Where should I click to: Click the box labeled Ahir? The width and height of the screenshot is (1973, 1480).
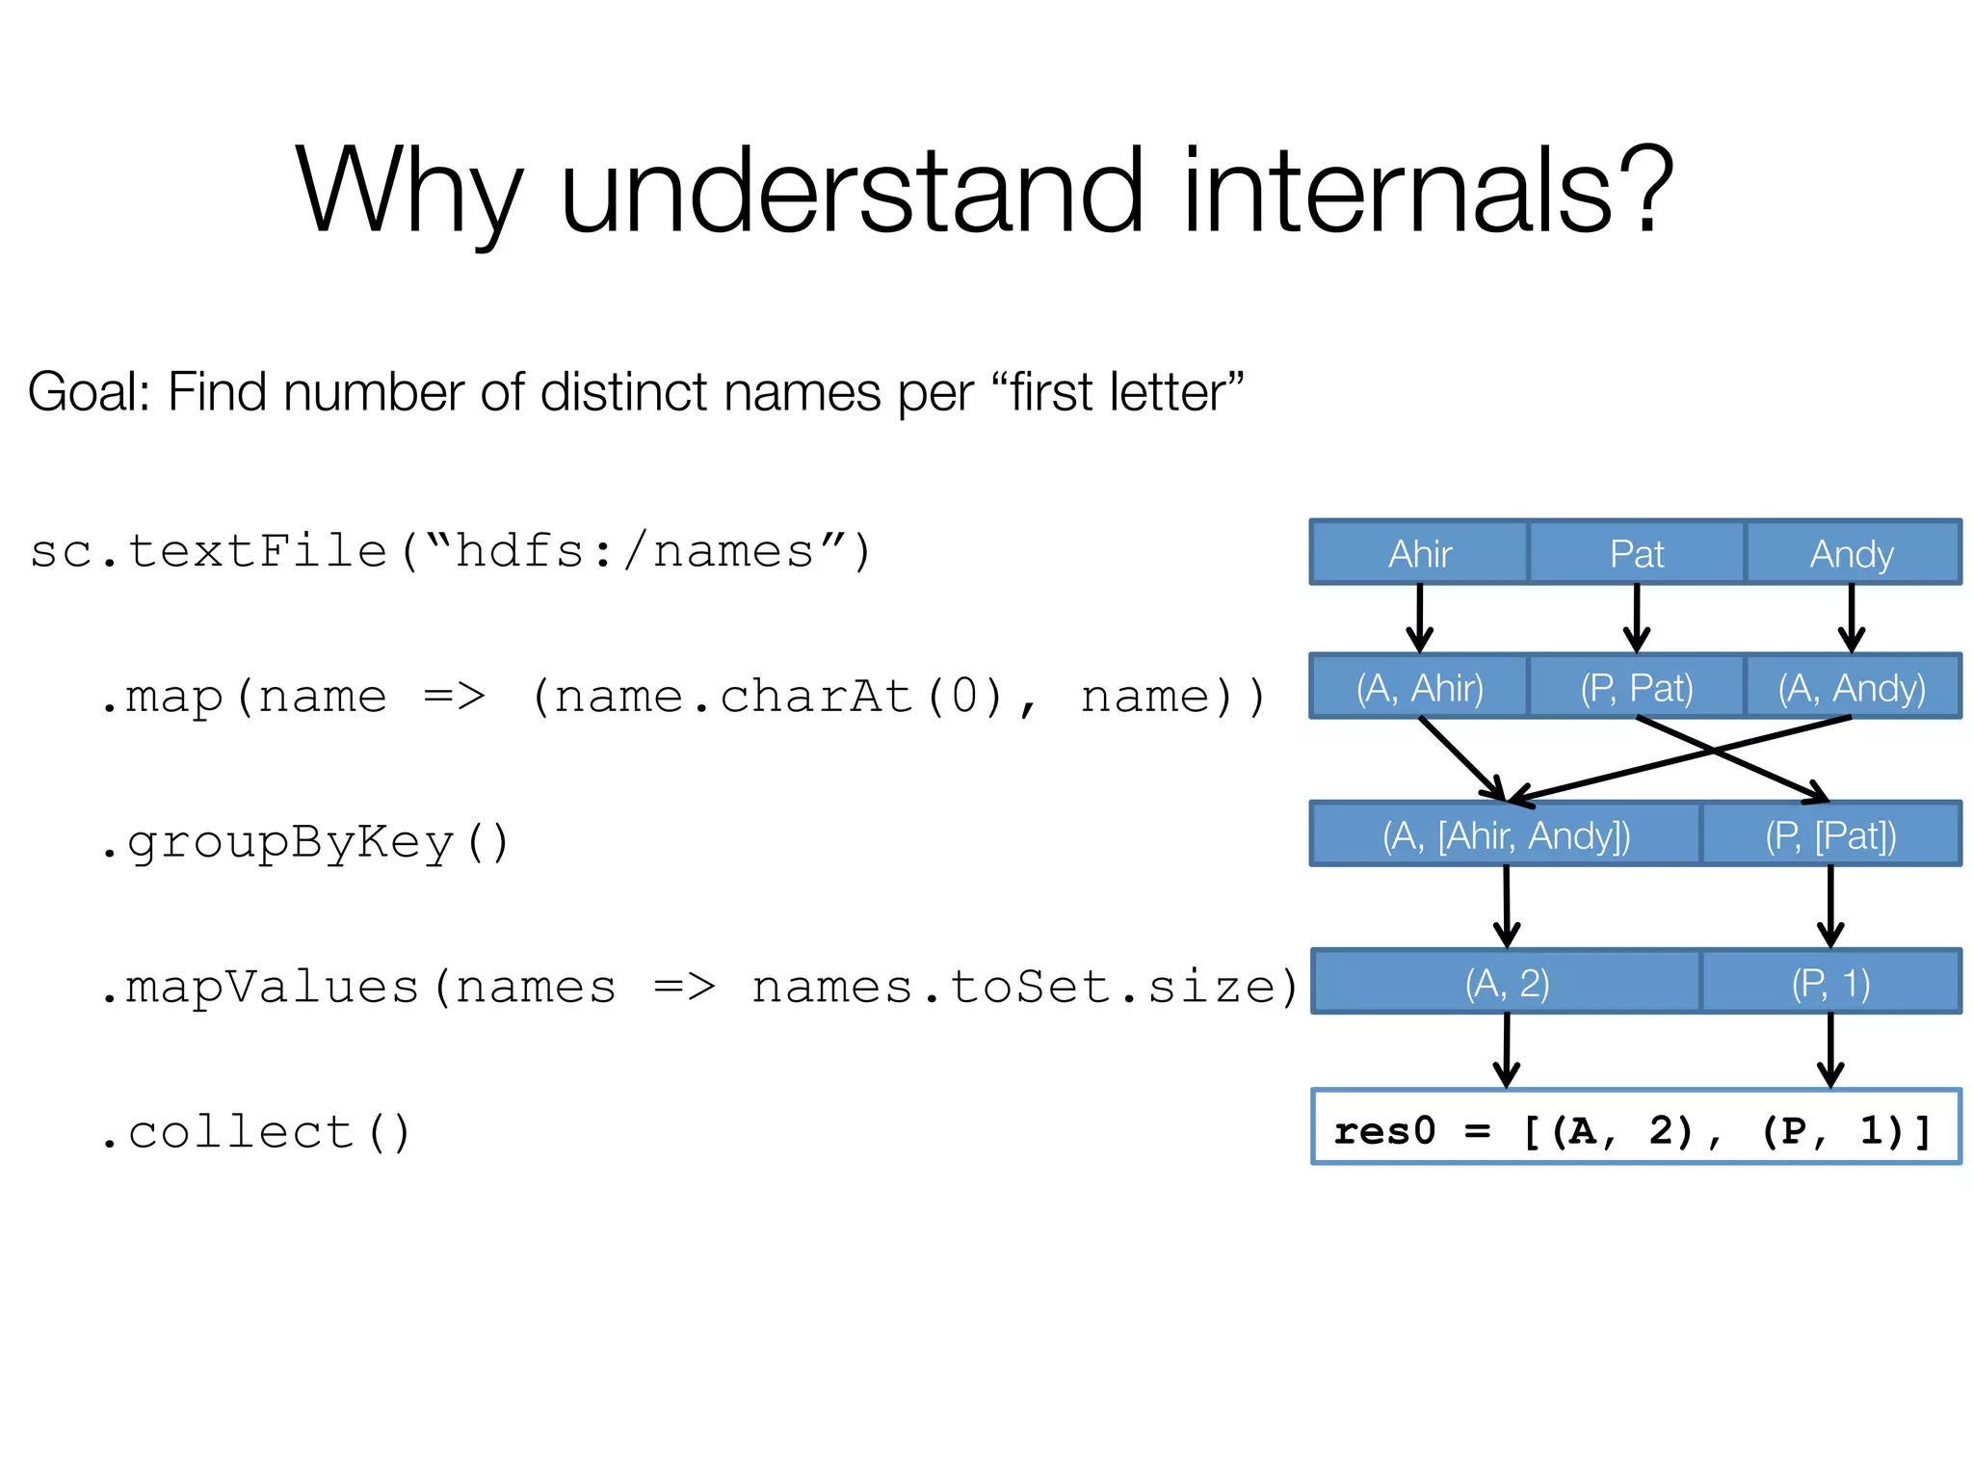1419,553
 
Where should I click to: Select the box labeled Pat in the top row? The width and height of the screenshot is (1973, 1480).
1636,553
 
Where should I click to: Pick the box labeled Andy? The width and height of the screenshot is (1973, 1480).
1852,553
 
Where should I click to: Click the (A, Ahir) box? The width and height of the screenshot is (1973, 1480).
1419,687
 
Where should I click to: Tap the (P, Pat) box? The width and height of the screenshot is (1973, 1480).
1636,687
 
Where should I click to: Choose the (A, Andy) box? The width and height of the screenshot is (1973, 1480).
1852,687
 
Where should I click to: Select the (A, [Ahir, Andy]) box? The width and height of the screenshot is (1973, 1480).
1506,834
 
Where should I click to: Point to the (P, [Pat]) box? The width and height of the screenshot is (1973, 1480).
1830,834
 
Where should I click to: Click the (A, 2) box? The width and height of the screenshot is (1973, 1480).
1507,983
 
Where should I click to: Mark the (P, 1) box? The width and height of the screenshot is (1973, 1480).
1830,983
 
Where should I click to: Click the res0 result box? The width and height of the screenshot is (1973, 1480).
1635,1128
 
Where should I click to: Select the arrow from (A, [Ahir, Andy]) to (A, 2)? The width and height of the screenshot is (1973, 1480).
1507,907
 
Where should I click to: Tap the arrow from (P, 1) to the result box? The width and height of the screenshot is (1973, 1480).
1830,1050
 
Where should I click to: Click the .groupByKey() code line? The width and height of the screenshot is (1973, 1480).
304,842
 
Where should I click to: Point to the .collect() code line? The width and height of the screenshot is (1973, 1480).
256,1131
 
